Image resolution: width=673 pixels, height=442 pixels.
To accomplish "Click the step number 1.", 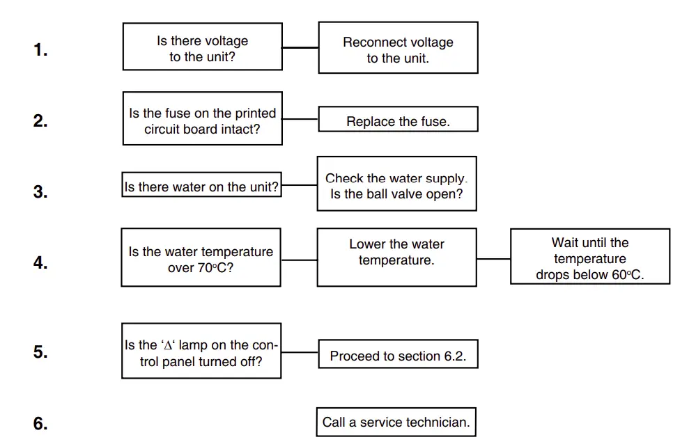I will click(x=40, y=49).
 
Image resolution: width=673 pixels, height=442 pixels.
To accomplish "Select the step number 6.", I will click(x=40, y=423).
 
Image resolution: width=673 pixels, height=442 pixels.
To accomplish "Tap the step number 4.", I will click(x=40, y=263).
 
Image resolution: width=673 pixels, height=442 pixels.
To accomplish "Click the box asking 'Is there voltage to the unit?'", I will click(x=202, y=47).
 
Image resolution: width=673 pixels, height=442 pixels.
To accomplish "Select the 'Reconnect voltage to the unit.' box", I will click(x=398, y=47).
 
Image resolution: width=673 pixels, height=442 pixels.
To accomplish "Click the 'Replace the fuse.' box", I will click(x=398, y=119).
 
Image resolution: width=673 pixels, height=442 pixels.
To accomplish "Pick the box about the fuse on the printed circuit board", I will click(x=202, y=118).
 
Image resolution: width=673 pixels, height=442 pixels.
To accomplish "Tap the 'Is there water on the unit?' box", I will click(x=201, y=185).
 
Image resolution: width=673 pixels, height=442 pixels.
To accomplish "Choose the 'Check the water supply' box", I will click(x=396, y=184).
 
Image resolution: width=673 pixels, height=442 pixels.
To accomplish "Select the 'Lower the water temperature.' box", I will click(x=396, y=257).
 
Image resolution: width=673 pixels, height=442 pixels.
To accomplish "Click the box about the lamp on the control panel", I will click(x=201, y=351).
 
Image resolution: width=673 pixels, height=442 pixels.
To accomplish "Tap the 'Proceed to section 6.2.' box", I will click(x=398, y=354).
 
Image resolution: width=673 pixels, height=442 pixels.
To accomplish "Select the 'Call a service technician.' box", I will click(x=396, y=422).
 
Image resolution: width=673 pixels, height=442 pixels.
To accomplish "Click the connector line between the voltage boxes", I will click(x=300, y=47).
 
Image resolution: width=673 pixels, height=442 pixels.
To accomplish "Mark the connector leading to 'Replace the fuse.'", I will click(x=300, y=119).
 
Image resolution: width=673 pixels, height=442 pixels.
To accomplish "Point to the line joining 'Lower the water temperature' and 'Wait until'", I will click(x=493, y=259).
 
